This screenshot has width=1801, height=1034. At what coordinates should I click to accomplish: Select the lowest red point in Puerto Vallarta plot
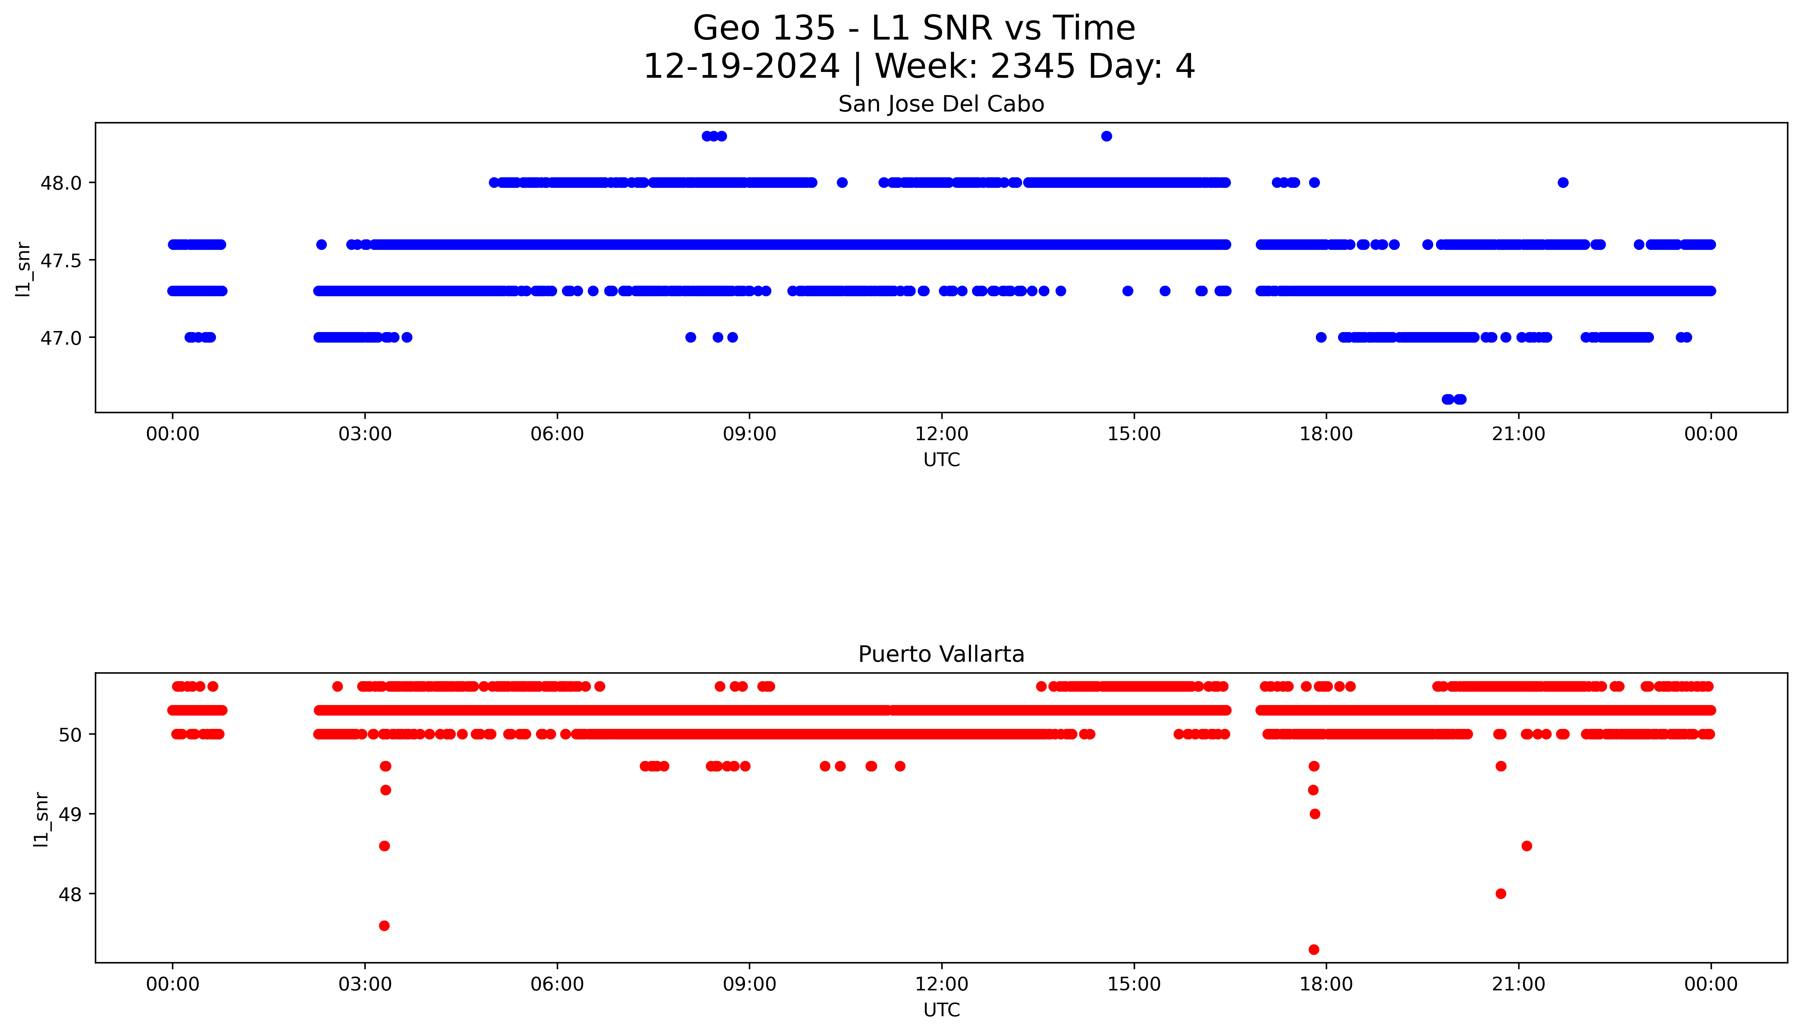1313,949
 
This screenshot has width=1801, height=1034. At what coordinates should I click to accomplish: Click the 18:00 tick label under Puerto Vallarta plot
1326,984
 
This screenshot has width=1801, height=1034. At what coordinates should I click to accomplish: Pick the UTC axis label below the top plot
941,460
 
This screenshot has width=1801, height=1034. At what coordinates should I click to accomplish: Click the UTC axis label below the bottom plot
941,1010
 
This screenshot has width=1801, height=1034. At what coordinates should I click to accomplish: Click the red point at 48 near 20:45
1500,894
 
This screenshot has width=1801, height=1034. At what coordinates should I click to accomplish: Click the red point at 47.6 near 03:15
384,925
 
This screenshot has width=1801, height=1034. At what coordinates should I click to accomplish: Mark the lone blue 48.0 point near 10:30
842,182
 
